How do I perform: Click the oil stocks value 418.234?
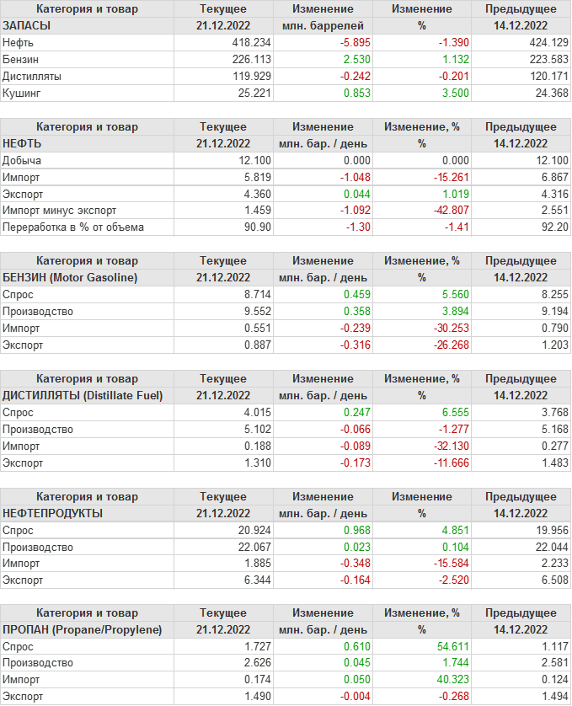pos(251,42)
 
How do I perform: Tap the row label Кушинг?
pos(22,93)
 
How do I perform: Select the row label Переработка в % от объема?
pos(73,227)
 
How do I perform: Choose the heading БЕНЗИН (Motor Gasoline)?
pos(70,277)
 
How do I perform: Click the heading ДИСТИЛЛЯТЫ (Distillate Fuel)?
pos(83,395)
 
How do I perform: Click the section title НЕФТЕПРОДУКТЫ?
pos(53,513)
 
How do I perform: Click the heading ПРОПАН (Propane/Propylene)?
pos(83,629)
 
